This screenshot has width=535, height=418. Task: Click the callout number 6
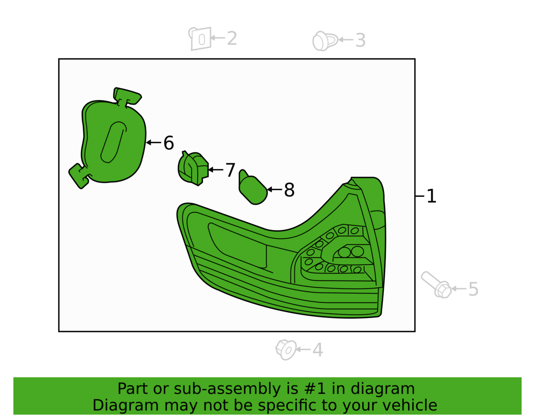(168, 143)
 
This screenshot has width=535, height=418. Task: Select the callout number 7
(230, 170)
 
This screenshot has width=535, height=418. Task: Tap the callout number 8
(289, 190)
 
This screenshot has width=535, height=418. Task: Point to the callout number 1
(431, 196)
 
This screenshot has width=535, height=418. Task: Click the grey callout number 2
(232, 39)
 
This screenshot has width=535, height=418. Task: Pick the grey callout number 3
(360, 41)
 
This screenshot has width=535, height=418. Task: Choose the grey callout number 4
(317, 350)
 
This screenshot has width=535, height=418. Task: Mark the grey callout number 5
(473, 290)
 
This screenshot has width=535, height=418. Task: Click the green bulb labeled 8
(253, 190)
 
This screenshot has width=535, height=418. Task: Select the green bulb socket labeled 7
(193, 168)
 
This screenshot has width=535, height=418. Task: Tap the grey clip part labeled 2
(200, 39)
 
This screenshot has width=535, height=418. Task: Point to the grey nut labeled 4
(286, 349)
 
